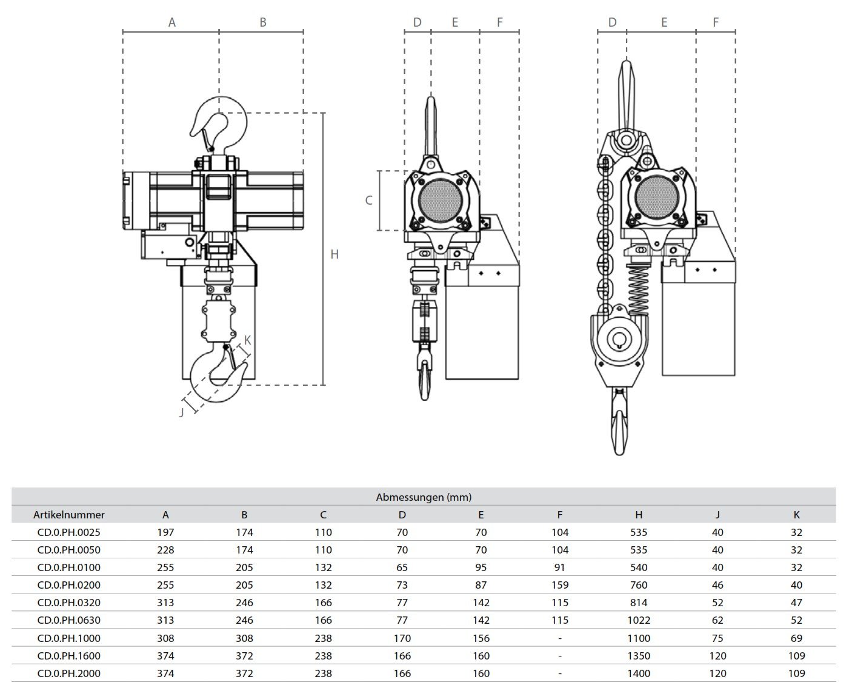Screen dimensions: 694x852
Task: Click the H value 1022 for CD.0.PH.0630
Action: click(639, 620)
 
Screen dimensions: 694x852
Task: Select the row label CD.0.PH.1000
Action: click(68, 638)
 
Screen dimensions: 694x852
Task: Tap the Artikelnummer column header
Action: click(68, 515)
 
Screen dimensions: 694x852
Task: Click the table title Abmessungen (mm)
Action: click(424, 497)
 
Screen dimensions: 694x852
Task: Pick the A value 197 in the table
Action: click(165, 532)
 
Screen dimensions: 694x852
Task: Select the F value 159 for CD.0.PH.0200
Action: click(560, 585)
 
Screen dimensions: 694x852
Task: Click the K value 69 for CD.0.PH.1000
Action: click(796, 638)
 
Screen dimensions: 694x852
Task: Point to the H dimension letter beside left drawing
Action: click(334, 254)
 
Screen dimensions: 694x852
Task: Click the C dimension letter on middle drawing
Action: click(368, 200)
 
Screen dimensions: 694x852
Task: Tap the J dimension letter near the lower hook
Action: click(181, 412)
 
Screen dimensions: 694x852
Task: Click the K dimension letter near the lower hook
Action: click(247, 340)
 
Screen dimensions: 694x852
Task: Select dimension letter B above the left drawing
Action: click(263, 22)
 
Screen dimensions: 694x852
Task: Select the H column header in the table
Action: click(639, 515)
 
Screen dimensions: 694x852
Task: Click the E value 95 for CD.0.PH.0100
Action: click(481, 567)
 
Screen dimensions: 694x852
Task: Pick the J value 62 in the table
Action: click(717, 620)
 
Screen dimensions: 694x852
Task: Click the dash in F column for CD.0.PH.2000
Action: click(560, 673)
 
